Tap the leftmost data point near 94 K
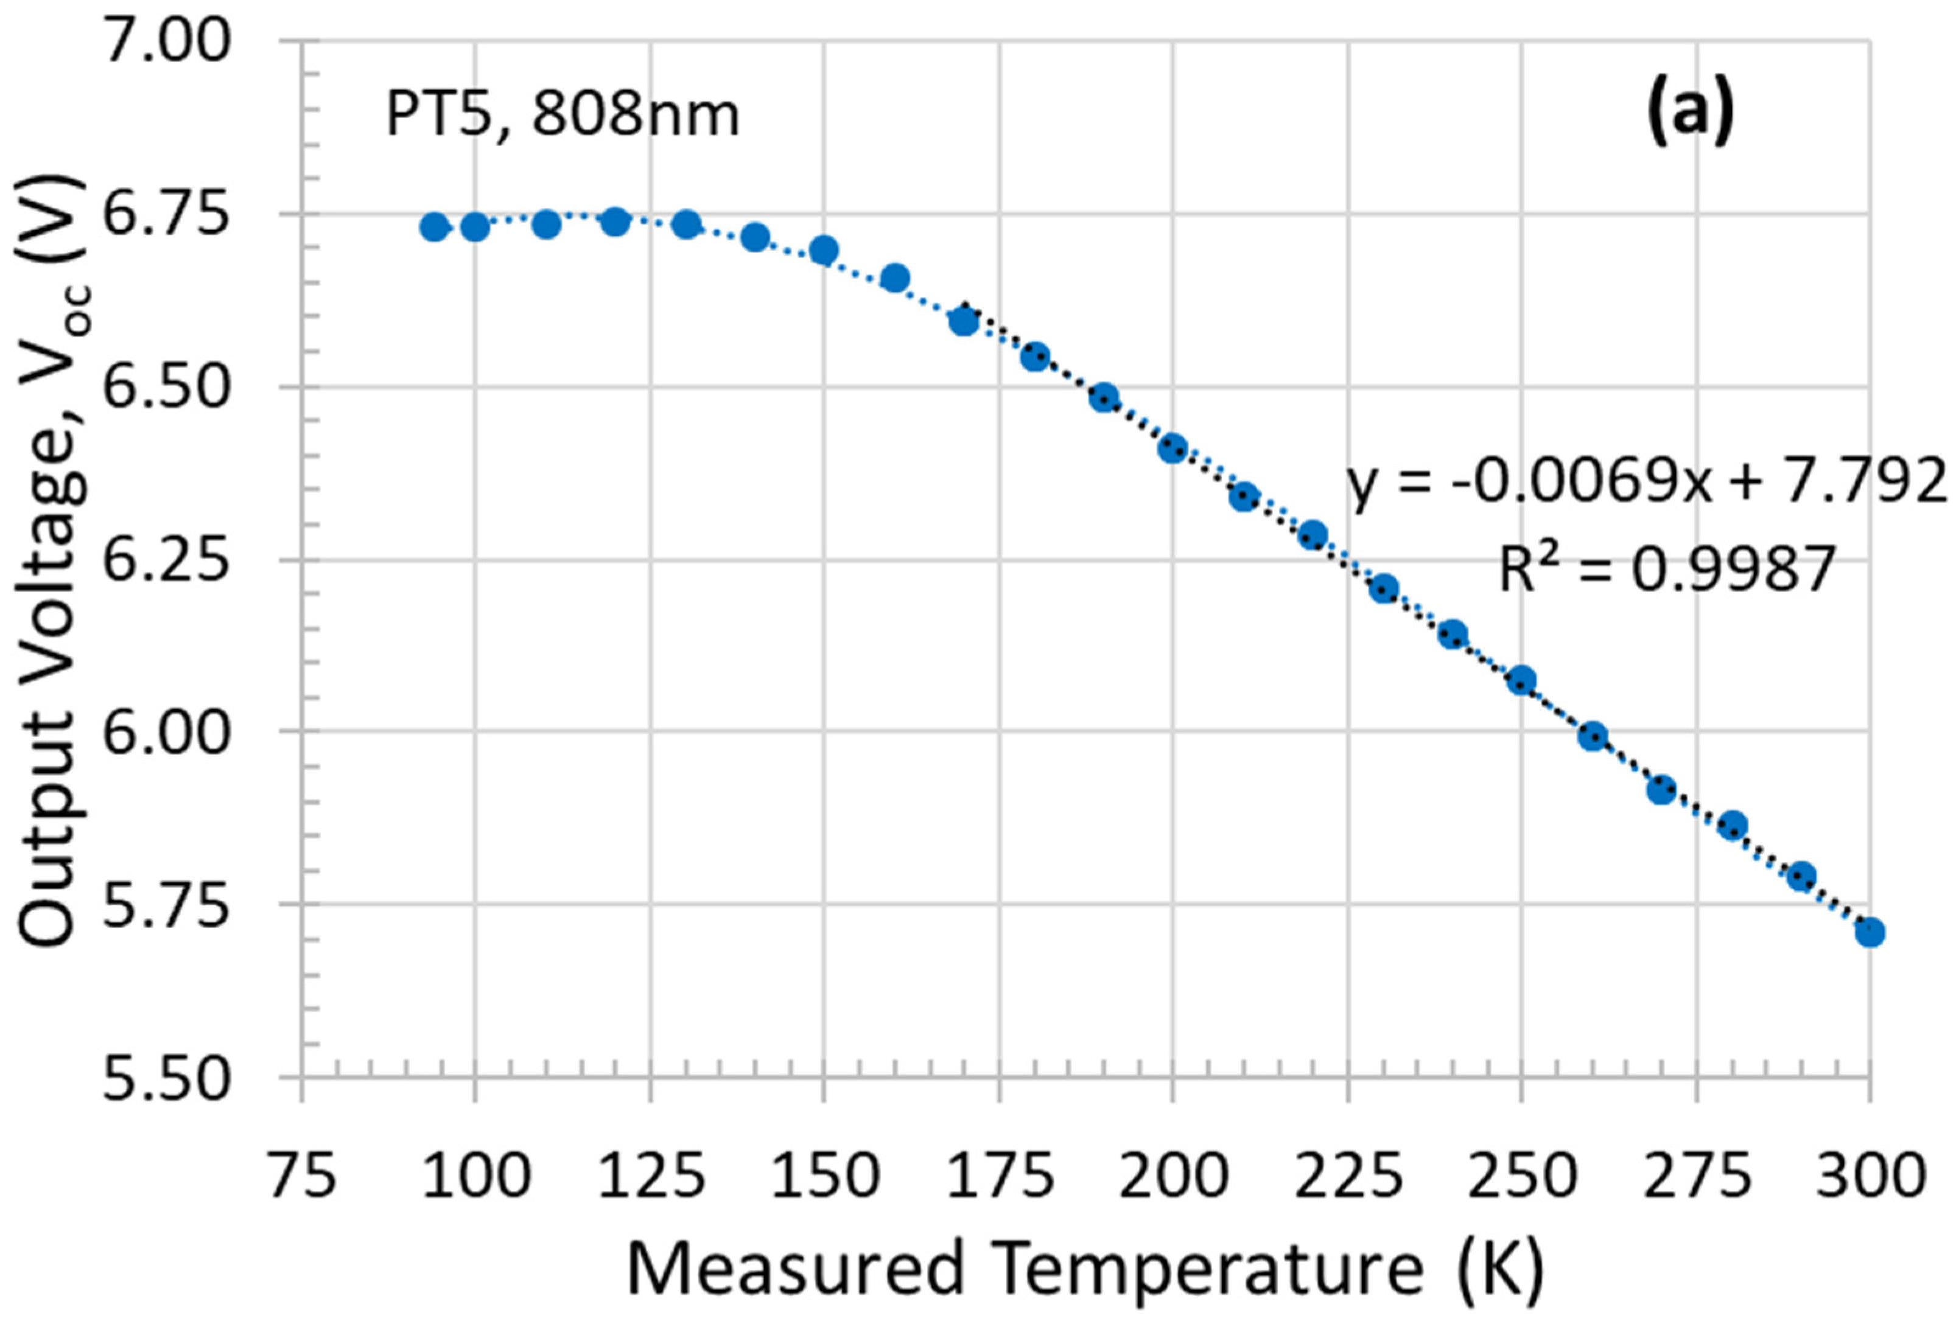click(x=434, y=226)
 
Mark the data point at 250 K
click(x=1521, y=680)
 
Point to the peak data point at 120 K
click(x=615, y=222)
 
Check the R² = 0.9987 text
click(x=1666, y=570)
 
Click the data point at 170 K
click(x=964, y=321)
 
